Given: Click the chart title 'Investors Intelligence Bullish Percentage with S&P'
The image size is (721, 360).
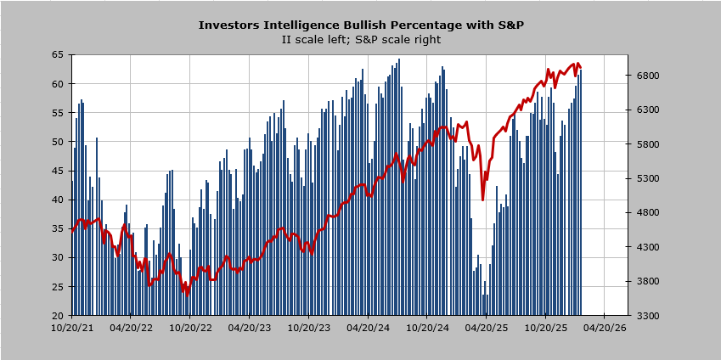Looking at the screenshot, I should (x=360, y=25).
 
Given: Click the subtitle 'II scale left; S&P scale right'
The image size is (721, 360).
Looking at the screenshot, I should (x=360, y=39).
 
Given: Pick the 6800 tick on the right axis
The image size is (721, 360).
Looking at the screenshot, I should (x=647, y=76).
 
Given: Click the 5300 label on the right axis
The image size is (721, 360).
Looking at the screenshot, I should (x=647, y=178).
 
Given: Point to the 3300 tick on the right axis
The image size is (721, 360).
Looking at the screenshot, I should (x=647, y=316).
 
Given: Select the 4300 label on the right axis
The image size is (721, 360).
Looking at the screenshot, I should (x=647, y=247).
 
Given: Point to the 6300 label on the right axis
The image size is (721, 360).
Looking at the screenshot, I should (x=647, y=110).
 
